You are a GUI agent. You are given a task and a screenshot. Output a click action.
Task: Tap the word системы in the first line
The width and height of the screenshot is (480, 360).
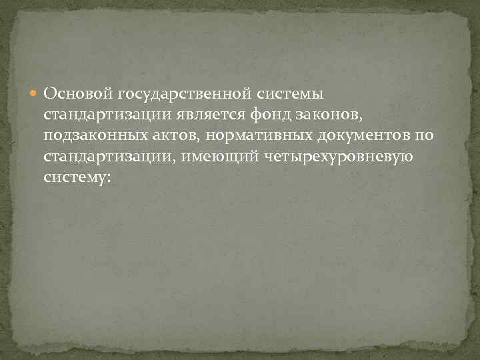pyautogui.click(x=285, y=92)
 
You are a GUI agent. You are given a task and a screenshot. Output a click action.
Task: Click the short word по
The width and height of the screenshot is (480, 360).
pyautogui.click(x=425, y=136)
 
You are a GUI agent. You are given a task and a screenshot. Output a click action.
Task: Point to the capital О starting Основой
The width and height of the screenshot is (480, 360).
pyautogui.click(x=49, y=92)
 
